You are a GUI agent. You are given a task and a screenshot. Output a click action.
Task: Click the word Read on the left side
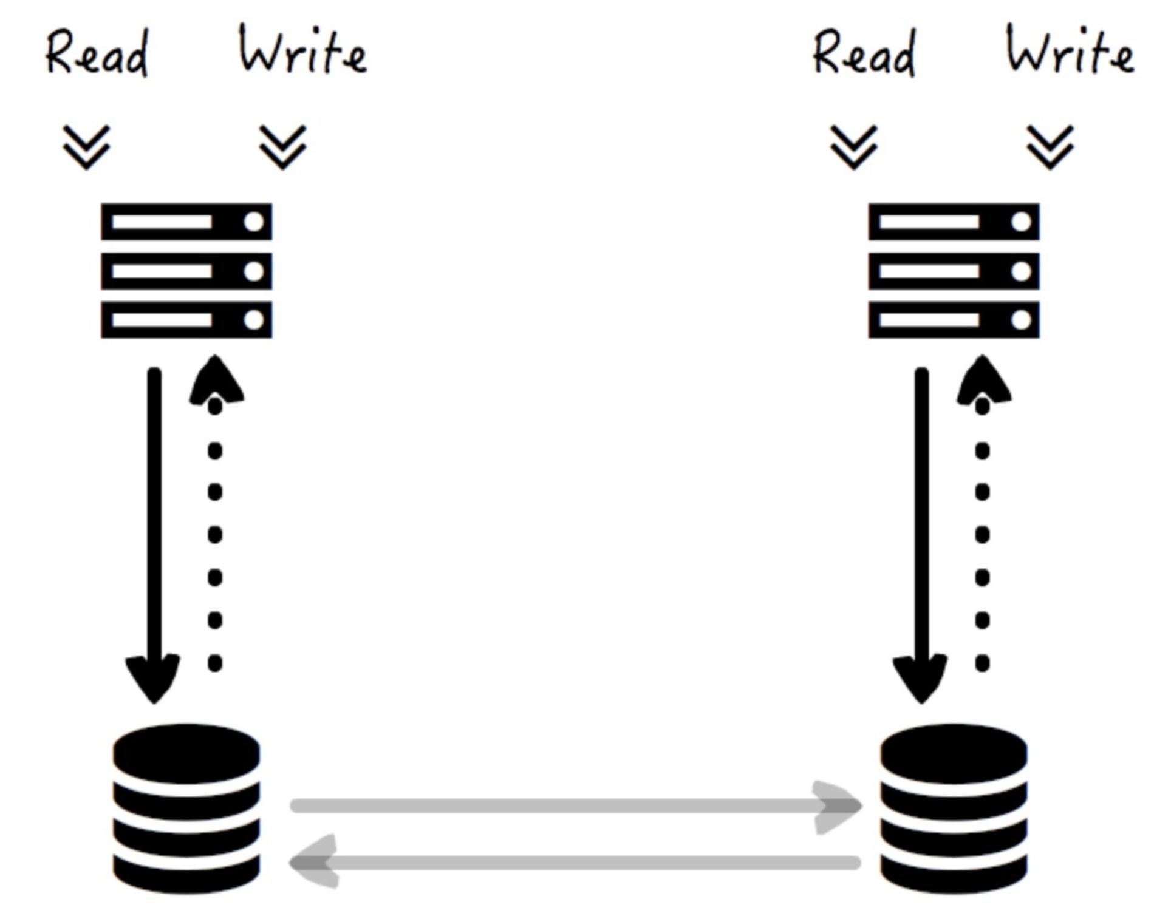click(x=97, y=53)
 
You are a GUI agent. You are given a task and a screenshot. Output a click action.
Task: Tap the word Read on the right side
click(x=864, y=53)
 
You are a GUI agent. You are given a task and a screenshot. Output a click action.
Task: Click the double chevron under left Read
click(x=87, y=146)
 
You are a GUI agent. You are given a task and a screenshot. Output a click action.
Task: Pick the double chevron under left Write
click(x=283, y=146)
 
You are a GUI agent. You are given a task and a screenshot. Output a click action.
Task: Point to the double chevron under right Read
click(x=854, y=146)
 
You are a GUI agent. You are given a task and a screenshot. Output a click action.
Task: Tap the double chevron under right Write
click(x=1050, y=146)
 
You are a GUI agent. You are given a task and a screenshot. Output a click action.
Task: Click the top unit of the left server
click(x=186, y=222)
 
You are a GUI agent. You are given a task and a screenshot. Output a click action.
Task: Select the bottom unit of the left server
click(x=186, y=319)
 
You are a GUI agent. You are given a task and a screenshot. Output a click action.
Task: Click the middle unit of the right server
click(x=954, y=271)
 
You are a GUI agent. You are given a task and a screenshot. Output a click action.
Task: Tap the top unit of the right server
click(x=954, y=222)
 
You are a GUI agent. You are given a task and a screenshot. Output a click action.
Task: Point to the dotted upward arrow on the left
click(x=215, y=514)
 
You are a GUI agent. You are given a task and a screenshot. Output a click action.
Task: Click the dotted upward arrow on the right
click(x=983, y=514)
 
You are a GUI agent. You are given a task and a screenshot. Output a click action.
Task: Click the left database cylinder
click(x=186, y=808)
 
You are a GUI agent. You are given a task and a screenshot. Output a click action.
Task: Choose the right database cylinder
click(x=954, y=808)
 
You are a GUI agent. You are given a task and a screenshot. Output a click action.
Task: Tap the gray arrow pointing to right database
click(x=576, y=806)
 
